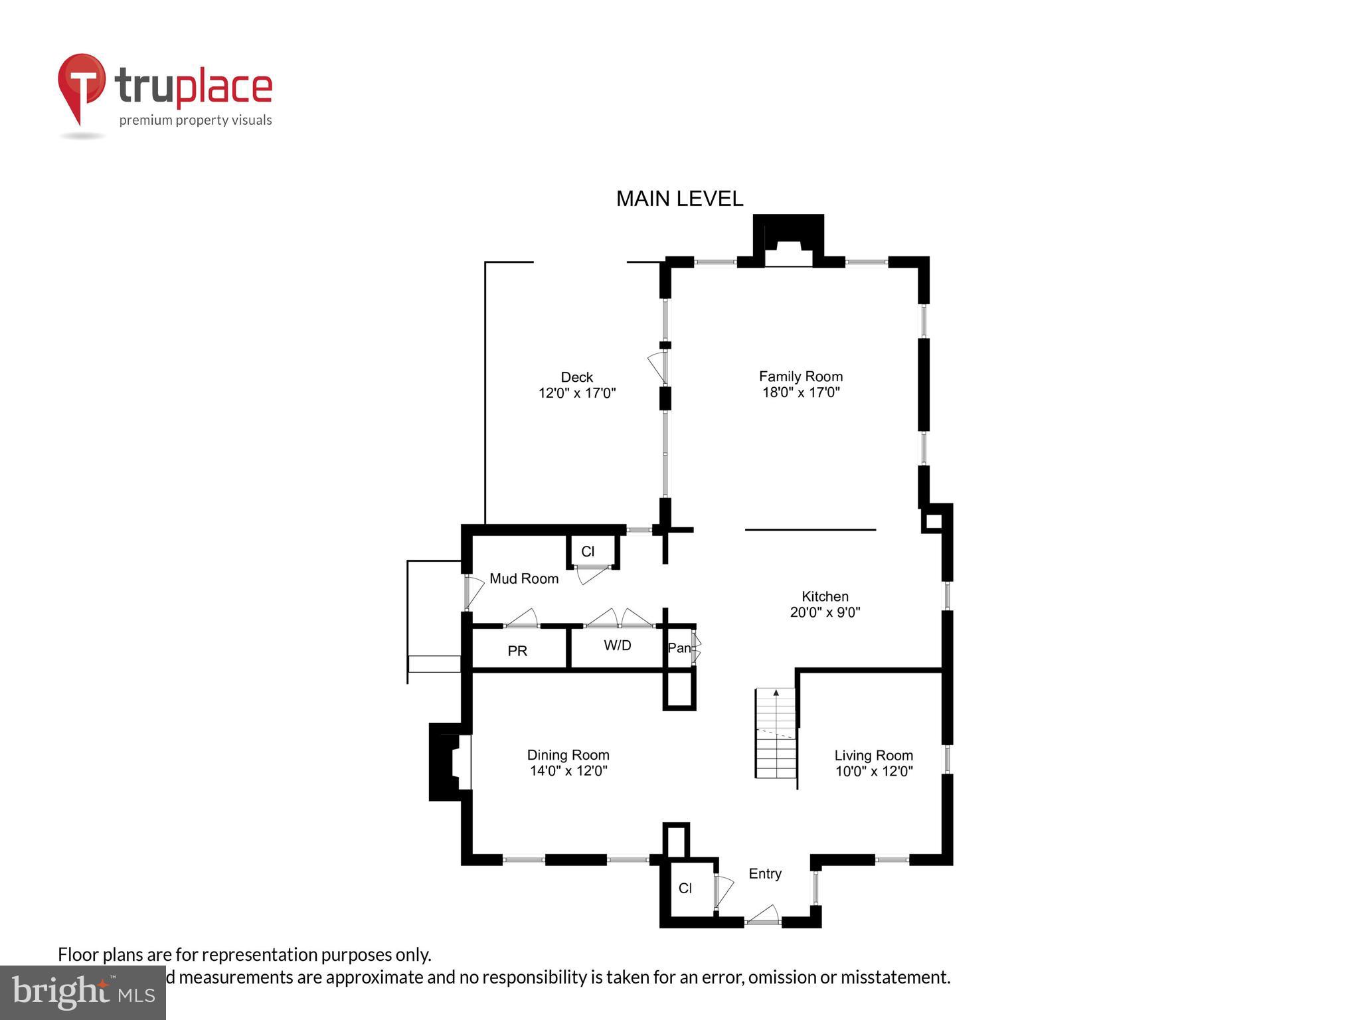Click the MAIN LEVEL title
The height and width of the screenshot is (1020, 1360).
point(679,199)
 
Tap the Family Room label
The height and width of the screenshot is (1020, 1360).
point(801,377)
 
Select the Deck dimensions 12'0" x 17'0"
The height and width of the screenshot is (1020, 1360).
point(577,393)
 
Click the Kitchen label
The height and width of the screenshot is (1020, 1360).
point(825,596)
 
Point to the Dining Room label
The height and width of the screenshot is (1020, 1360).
point(568,755)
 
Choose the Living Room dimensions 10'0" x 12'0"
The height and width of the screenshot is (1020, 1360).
point(874,772)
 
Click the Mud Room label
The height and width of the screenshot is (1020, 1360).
point(524,579)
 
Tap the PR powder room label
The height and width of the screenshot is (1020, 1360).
point(517,651)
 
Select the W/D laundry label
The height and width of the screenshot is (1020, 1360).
point(617,645)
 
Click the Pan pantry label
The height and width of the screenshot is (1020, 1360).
point(679,648)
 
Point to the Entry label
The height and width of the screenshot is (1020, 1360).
point(765,874)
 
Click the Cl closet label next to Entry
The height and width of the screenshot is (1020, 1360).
point(685,889)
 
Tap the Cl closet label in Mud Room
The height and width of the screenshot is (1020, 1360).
point(588,552)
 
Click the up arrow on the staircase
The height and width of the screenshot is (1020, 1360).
point(776,693)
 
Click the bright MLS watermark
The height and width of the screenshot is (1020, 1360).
point(82,992)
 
